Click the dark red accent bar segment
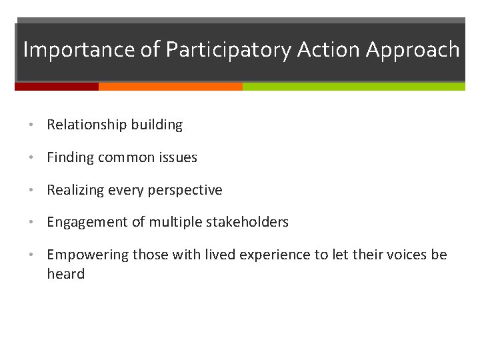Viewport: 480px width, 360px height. tap(57, 87)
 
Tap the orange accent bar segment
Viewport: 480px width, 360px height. tap(170, 87)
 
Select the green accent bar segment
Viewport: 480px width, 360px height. tap(353, 87)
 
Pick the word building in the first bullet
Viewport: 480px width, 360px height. tap(157, 125)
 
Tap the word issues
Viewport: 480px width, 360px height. tap(177, 157)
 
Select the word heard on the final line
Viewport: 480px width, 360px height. tap(65, 274)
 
